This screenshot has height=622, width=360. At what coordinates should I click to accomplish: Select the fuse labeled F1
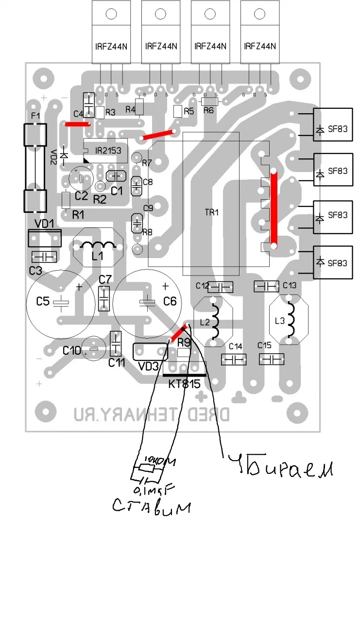(x=35, y=168)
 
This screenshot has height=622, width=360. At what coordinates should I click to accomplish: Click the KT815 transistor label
(x=184, y=384)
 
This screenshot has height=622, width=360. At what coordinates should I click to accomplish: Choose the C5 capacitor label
(x=43, y=302)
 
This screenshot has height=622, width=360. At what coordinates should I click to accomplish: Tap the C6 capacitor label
(x=170, y=302)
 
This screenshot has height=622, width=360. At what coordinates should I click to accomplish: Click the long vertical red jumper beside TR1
(x=274, y=208)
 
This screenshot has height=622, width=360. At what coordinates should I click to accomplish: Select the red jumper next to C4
(x=78, y=124)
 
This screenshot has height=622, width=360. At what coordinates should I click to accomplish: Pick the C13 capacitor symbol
(x=266, y=287)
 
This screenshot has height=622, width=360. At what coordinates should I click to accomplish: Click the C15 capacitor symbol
(x=272, y=360)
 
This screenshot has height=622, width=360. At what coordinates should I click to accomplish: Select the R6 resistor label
(x=208, y=110)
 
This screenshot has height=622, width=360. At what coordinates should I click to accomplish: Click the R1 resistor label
(x=78, y=214)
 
